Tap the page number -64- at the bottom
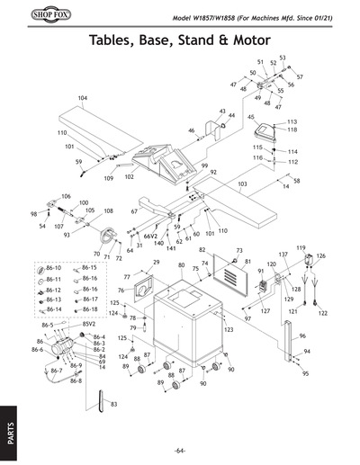click(x=180, y=450)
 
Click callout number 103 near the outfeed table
click(x=242, y=183)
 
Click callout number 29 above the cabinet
click(x=156, y=262)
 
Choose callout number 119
click(x=301, y=247)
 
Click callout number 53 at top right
click(x=282, y=58)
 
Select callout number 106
click(x=66, y=195)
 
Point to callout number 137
click(x=283, y=255)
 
